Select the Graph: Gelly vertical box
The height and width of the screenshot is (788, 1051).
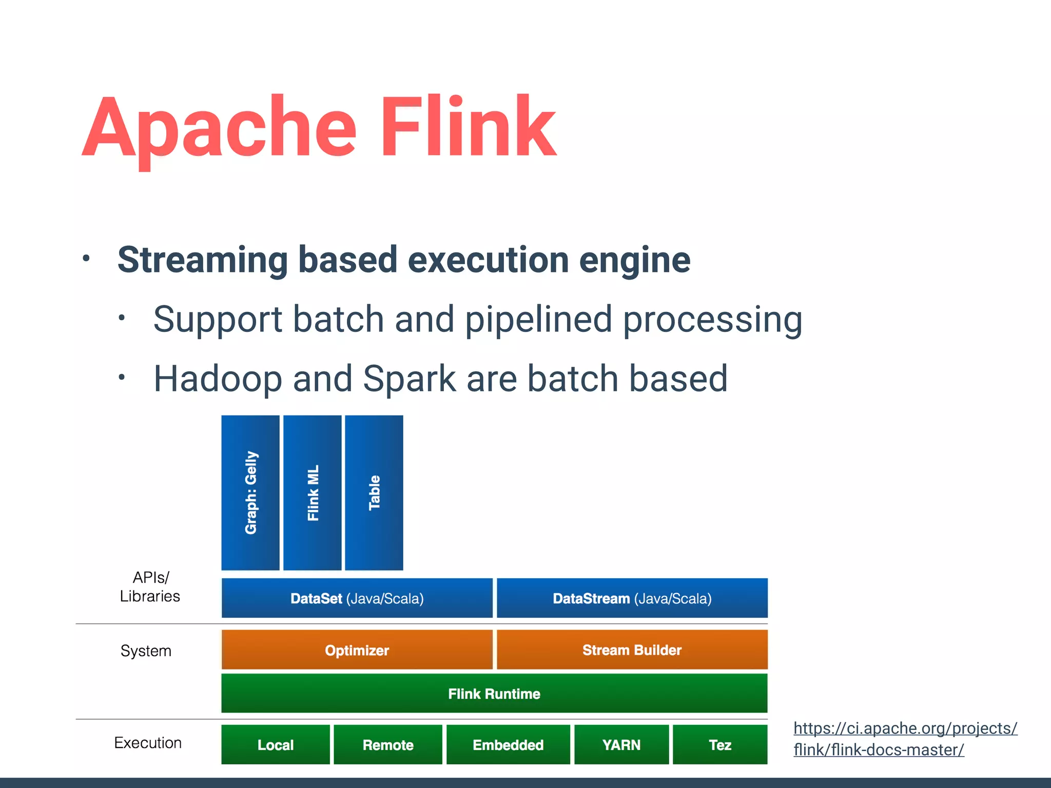tap(250, 493)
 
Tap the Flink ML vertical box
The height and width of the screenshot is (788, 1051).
tap(312, 493)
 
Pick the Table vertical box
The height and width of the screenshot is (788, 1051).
tap(374, 493)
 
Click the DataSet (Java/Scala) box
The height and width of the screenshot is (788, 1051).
tap(357, 598)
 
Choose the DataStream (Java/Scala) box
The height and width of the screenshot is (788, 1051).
tap(632, 598)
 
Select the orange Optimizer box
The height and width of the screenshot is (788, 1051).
tap(357, 650)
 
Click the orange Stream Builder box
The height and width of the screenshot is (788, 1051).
tap(632, 650)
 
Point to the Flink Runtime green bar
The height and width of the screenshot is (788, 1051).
tap(494, 694)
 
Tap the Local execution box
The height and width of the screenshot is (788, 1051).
tap(276, 745)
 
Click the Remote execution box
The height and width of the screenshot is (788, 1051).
tap(388, 745)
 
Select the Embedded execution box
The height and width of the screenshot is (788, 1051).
tap(508, 745)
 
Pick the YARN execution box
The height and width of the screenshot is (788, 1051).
tap(621, 745)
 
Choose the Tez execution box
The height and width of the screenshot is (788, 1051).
tap(720, 745)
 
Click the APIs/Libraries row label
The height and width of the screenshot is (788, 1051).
tap(150, 587)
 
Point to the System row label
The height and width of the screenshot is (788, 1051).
tap(146, 651)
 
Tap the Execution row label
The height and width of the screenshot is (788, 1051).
tap(148, 742)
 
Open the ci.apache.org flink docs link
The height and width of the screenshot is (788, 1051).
tap(905, 739)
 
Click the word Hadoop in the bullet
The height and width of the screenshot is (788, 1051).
tap(218, 379)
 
